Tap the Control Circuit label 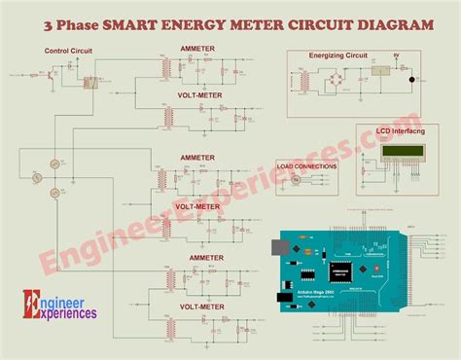67,50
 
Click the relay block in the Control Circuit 89,81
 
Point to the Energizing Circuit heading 338,56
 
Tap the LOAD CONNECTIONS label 306,166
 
